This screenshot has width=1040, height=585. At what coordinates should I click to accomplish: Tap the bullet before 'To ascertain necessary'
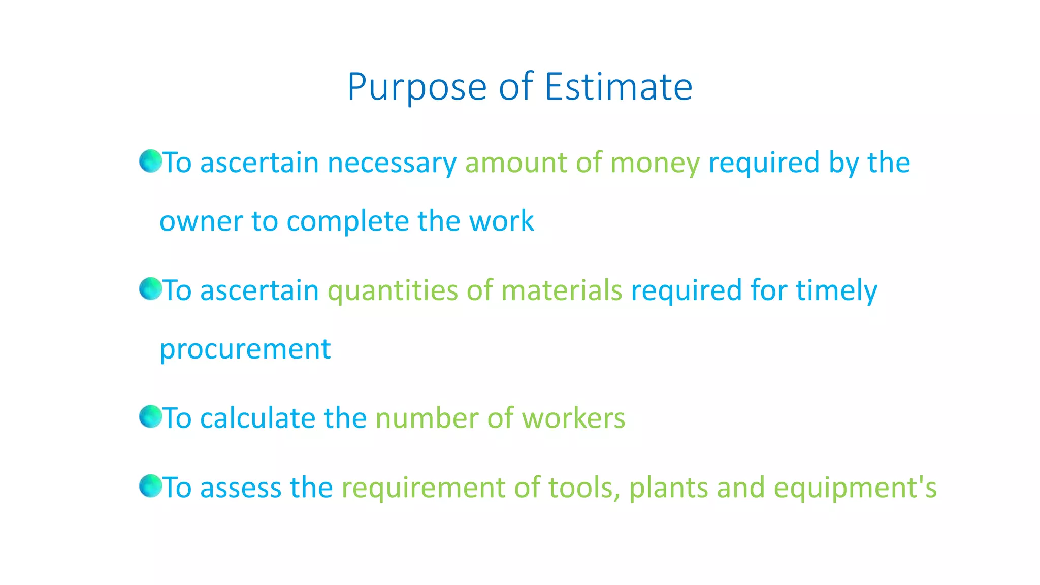[x=150, y=161]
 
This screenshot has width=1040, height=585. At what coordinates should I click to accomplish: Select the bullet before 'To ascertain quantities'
[x=150, y=289]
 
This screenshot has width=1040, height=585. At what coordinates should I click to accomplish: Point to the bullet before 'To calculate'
[x=150, y=417]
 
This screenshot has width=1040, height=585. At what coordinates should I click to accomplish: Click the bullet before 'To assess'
[x=150, y=486]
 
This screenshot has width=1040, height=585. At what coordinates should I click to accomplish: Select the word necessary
[x=392, y=164]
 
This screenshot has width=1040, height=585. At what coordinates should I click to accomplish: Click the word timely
[x=836, y=291]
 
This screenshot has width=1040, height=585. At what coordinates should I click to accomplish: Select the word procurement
[x=245, y=350]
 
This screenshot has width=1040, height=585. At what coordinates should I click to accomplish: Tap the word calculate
[x=257, y=418]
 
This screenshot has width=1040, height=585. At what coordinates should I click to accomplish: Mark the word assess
[x=241, y=488]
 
